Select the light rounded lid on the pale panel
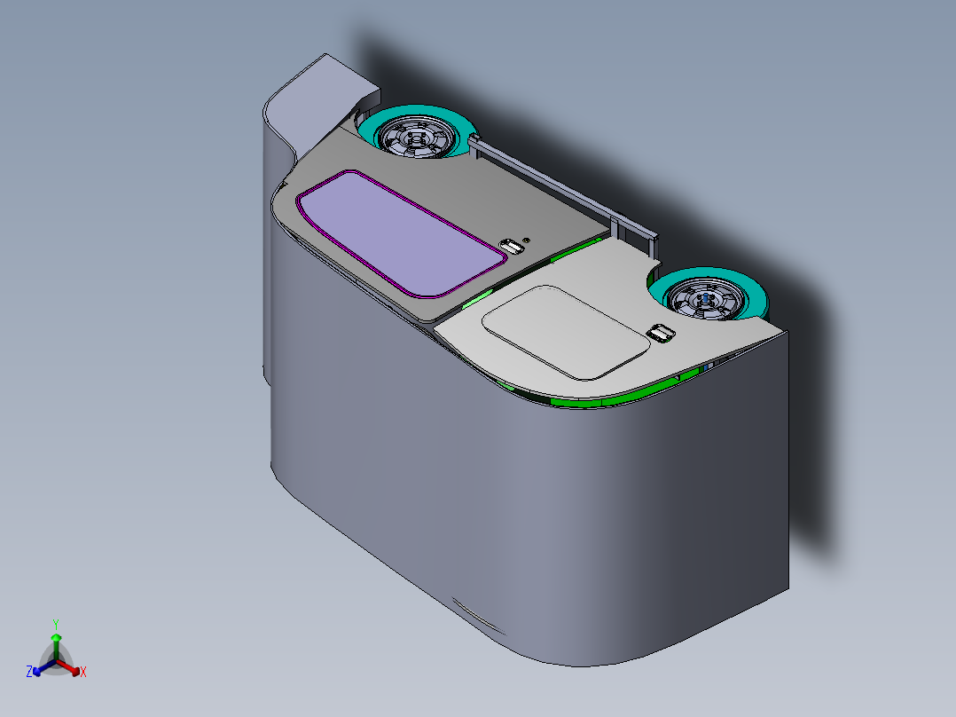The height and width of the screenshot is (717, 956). (x=565, y=330)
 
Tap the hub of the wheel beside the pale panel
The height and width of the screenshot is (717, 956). (x=705, y=298)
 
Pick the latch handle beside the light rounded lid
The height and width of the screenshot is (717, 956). (x=660, y=333)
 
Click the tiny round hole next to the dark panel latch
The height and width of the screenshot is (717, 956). (x=528, y=240)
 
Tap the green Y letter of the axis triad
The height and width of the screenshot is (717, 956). (x=56, y=624)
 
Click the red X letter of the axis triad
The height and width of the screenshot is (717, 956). (x=83, y=673)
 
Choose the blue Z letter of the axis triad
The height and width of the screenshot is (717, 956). (x=29, y=673)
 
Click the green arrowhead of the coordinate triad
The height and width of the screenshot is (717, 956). (x=56, y=638)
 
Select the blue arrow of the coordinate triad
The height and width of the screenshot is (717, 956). (x=42, y=668)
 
